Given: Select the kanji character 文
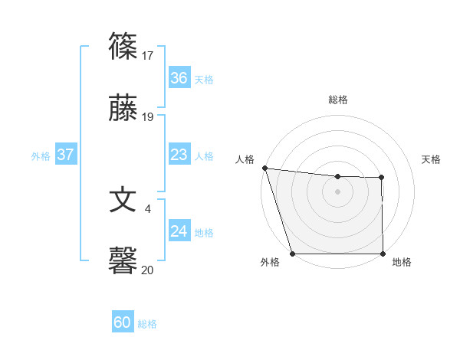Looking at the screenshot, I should click(123, 200).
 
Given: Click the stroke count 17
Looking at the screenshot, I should click(148, 55).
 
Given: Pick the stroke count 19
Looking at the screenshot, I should click(148, 117).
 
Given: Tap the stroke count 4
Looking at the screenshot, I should click(148, 208).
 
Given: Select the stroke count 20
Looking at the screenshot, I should click(148, 270).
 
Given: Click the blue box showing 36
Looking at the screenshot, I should click(179, 78).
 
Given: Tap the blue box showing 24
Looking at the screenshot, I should click(179, 231).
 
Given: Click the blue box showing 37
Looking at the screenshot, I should click(66, 155).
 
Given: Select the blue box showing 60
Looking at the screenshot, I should click(123, 322).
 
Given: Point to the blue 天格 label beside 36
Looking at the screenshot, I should click(204, 79).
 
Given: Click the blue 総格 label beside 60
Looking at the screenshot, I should click(147, 324).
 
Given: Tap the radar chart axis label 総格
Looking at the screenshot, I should click(337, 100).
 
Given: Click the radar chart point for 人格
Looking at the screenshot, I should click(264, 168).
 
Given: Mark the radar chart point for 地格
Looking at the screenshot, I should click(383, 254).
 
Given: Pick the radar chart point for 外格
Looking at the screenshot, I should click(292, 254).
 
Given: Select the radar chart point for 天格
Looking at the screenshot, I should click(382, 178).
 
